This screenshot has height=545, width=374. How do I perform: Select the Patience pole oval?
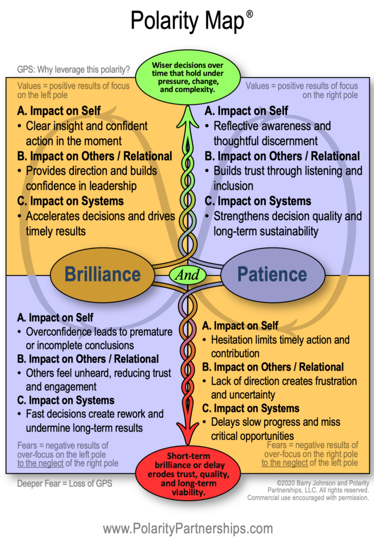click(272, 274)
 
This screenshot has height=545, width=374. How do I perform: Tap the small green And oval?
click(188, 275)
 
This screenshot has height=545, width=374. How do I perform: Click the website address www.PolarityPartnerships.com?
click(187, 529)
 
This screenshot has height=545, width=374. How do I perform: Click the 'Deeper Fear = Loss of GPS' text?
click(63, 483)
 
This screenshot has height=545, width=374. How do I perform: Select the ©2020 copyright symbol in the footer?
click(265, 483)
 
